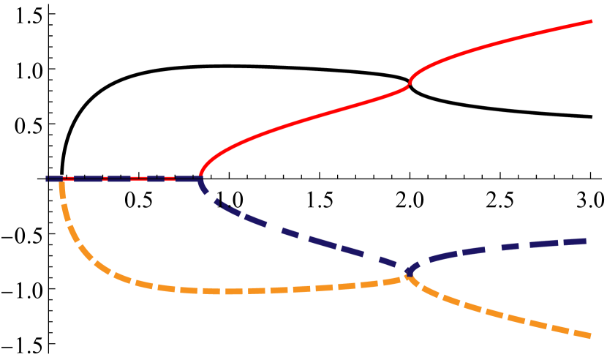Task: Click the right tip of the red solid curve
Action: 591,22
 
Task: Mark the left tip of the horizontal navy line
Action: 47,179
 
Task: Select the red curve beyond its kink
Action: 497,44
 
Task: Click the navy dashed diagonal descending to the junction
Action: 307,238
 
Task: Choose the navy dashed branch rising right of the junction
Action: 497,247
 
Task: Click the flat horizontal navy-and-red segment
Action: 124,179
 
